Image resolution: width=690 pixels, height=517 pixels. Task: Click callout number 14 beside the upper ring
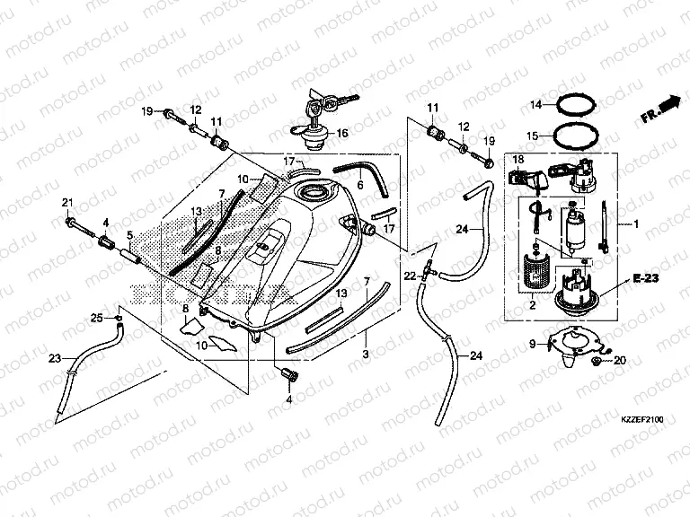535,105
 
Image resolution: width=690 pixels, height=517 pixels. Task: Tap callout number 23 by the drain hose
56,358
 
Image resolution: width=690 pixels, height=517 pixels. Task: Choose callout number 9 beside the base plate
533,344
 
